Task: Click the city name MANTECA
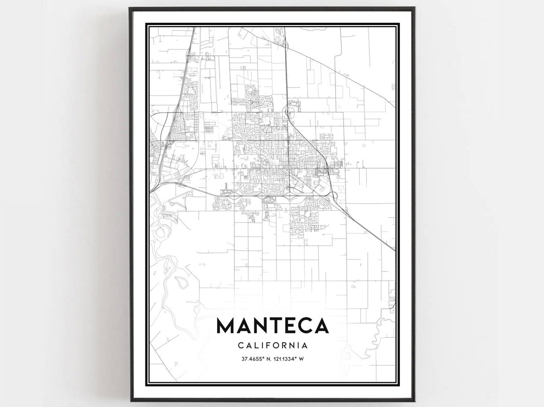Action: [x=273, y=325]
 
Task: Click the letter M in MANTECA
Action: [x=226, y=325]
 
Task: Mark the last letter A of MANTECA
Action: [x=321, y=325]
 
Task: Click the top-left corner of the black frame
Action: [x=130, y=8]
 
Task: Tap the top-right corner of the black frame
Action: [x=414, y=8]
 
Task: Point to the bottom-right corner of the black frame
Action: [x=414, y=400]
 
